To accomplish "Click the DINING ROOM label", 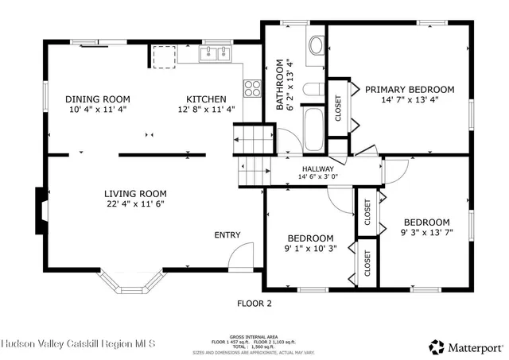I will [97, 99].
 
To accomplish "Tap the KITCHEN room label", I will [206, 99].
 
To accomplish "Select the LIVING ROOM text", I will [135, 193].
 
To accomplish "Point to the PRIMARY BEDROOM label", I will [410, 90].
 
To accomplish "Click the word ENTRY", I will [227, 235].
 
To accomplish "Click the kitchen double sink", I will [212, 54].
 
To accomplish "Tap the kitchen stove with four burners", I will [253, 87].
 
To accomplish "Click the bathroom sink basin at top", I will [315, 46].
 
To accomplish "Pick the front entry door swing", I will [240, 256].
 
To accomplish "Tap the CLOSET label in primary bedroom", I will [338, 108].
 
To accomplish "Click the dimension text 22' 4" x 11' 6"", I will [135, 204].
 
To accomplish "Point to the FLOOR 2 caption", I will [254, 303].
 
